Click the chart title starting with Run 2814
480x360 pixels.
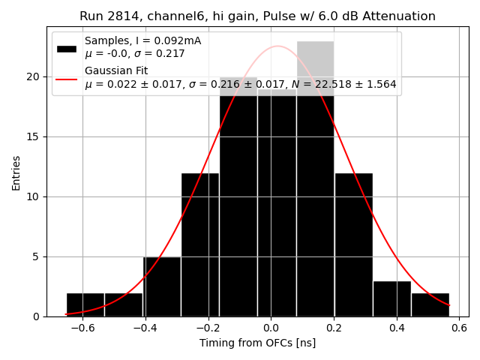[257, 16]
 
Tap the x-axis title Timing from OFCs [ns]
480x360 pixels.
[257, 343]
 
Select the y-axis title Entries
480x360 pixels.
[16, 172]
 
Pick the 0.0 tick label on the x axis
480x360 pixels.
[271, 328]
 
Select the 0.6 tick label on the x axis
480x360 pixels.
[459, 328]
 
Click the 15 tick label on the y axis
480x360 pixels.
[34, 136]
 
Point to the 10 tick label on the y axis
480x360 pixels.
[34, 196]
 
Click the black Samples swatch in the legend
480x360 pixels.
[67, 47]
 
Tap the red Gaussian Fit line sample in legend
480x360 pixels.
[67, 77]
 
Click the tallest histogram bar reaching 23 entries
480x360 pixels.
[315, 180]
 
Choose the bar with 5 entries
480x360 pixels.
[162, 286]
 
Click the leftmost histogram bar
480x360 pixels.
[85, 304]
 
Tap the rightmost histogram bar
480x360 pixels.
[430, 304]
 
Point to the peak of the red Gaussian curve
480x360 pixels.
[277, 46]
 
